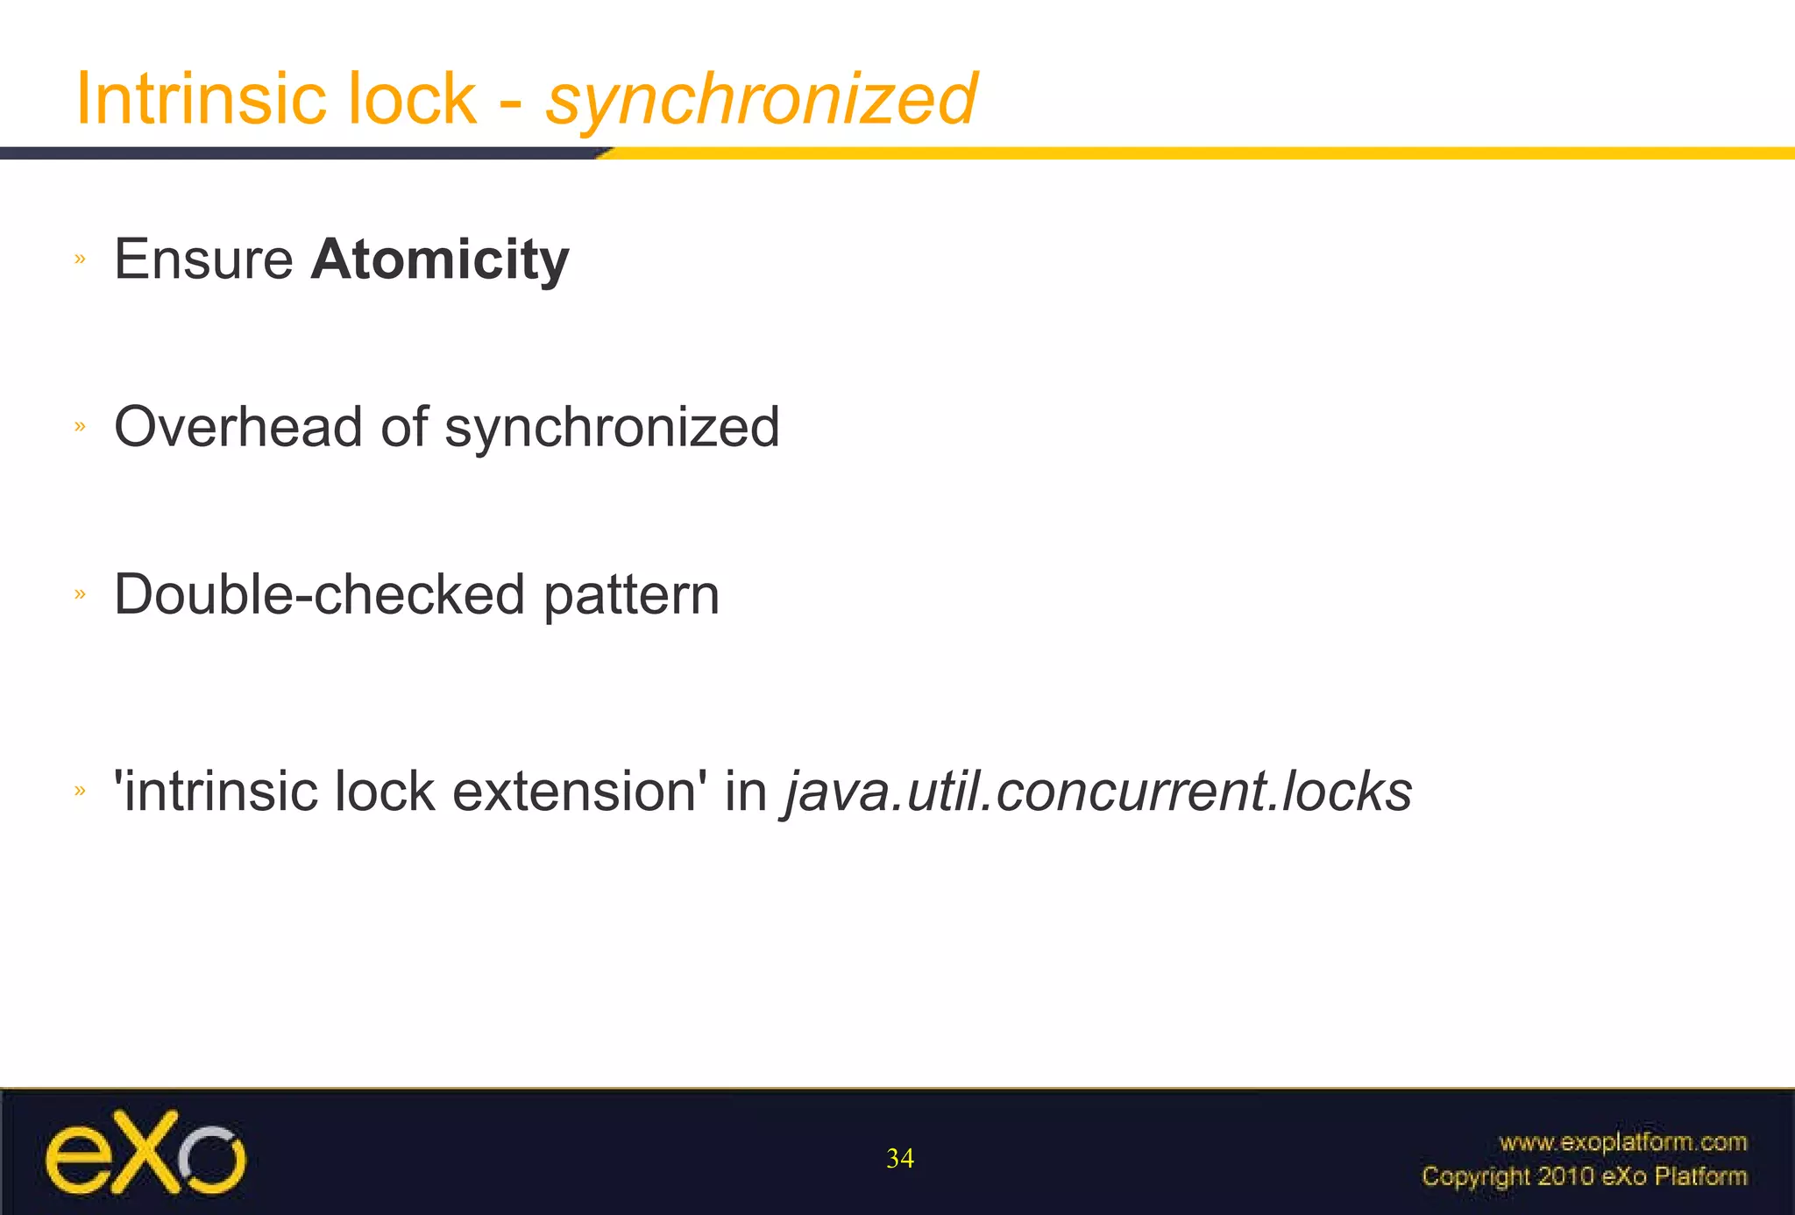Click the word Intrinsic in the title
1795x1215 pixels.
[205, 98]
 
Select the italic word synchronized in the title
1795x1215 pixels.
[761, 100]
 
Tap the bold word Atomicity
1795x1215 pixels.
[440, 260]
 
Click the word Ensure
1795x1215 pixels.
[203, 259]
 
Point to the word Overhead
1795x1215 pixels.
[238, 427]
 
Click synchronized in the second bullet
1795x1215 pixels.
[612, 429]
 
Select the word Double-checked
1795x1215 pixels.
[319, 595]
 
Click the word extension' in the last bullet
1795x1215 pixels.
[579, 792]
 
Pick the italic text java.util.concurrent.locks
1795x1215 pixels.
[1097, 792]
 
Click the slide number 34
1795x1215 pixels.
[900, 1159]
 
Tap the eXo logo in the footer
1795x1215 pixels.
[145, 1152]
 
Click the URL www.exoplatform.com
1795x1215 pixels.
[1622, 1142]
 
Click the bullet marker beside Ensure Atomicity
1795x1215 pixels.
[81, 259]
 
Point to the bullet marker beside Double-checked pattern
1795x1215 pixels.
[81, 594]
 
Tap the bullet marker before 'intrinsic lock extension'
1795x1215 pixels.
[81, 791]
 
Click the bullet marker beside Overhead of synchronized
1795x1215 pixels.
[81, 427]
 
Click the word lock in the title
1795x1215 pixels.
[412, 98]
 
